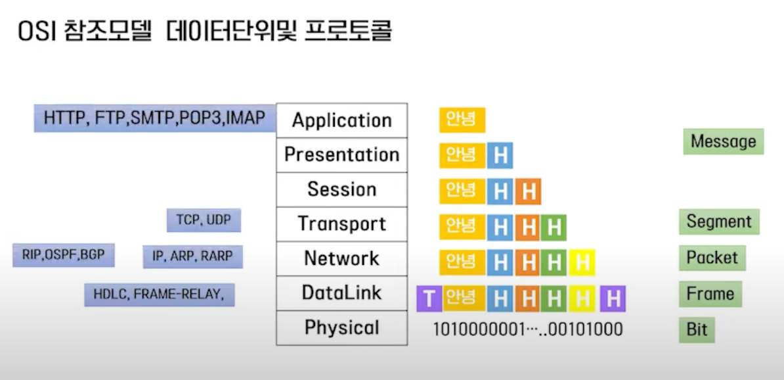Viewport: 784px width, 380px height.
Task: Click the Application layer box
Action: (x=341, y=120)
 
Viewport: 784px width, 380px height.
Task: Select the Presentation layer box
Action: (x=341, y=155)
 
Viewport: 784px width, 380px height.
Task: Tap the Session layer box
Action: (x=341, y=189)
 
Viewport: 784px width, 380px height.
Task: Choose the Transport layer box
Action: (x=341, y=224)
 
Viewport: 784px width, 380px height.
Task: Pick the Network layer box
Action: (x=341, y=258)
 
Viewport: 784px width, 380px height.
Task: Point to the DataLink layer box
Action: (x=341, y=293)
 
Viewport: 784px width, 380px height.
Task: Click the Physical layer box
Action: (x=341, y=327)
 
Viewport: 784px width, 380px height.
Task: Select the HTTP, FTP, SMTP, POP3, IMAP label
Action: (x=154, y=118)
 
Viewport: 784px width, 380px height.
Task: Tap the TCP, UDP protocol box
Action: (x=204, y=220)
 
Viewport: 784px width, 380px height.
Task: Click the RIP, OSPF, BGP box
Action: (x=64, y=254)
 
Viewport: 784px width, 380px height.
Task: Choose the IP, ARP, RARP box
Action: (x=192, y=256)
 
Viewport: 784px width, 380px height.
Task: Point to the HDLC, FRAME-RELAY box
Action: (x=159, y=295)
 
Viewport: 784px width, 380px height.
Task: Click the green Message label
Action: (x=723, y=141)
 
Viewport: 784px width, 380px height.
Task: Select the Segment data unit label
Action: (x=719, y=222)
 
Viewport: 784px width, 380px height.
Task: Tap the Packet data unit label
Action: (x=712, y=258)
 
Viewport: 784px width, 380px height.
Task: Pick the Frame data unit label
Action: (x=710, y=293)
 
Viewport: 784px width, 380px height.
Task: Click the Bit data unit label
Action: (x=697, y=329)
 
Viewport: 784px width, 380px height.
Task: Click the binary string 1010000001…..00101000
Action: (x=527, y=329)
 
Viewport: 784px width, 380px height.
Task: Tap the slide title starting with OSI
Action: (x=204, y=31)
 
